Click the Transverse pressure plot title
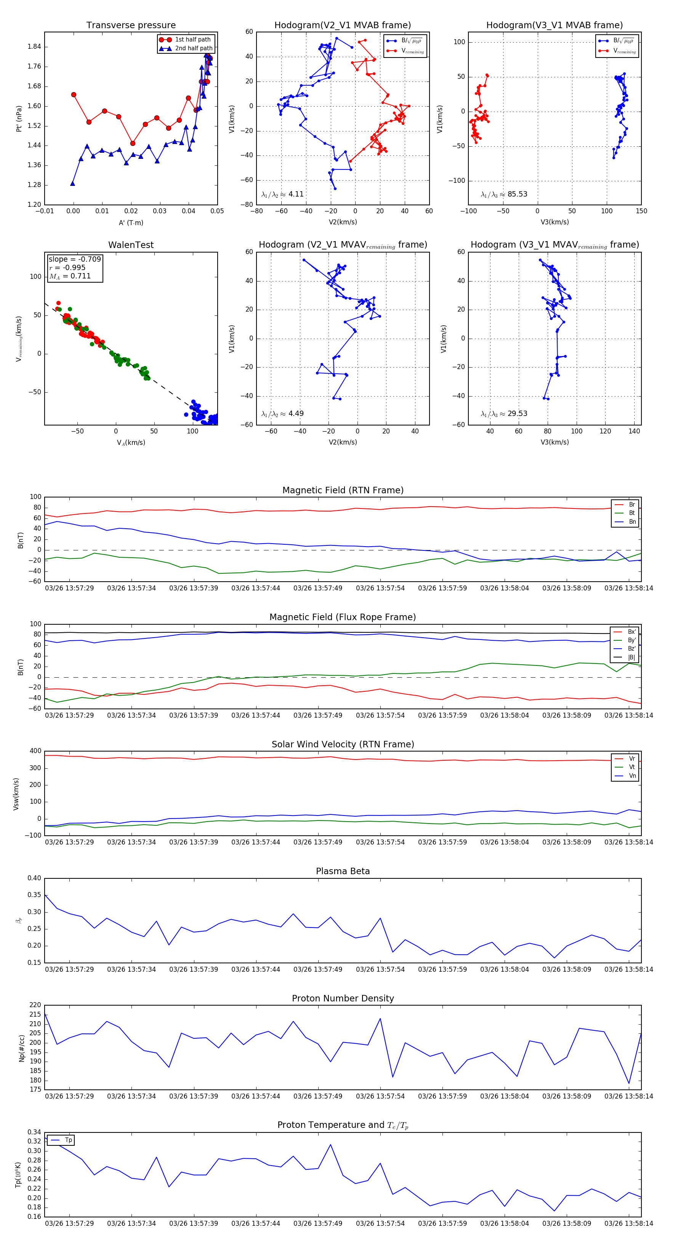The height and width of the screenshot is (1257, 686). (x=131, y=26)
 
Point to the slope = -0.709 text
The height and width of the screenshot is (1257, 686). (x=75, y=259)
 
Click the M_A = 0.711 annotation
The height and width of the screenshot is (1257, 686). (x=70, y=276)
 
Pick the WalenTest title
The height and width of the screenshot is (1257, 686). (x=131, y=245)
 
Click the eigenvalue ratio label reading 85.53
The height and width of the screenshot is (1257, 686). (x=504, y=194)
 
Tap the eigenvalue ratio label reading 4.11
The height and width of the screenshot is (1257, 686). (x=282, y=194)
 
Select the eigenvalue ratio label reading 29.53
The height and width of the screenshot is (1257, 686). (x=504, y=414)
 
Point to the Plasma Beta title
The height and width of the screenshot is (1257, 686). (x=343, y=872)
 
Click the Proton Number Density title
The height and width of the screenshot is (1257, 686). (x=343, y=998)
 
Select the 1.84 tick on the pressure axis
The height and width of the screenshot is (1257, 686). (x=34, y=47)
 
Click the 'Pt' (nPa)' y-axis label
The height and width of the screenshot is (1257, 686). (x=19, y=118)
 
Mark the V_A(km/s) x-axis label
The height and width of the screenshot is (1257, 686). (x=131, y=443)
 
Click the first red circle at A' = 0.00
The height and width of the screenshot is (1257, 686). (x=74, y=95)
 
